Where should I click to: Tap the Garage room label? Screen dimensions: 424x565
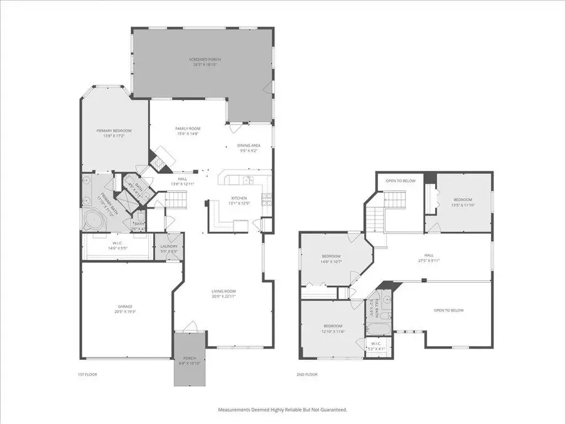point(124,310)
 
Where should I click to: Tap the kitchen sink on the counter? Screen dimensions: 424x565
point(247,181)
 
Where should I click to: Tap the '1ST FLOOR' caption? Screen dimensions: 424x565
point(89,374)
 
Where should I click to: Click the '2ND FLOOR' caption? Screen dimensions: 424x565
point(308,374)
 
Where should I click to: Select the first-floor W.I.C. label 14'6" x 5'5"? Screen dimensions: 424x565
point(117,246)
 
